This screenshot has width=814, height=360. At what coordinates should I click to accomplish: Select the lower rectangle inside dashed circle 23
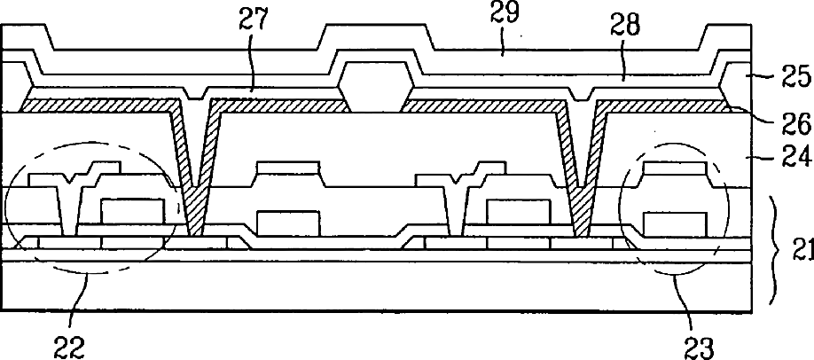[675, 223]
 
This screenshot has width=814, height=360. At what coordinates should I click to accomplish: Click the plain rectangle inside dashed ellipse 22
[134, 212]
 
